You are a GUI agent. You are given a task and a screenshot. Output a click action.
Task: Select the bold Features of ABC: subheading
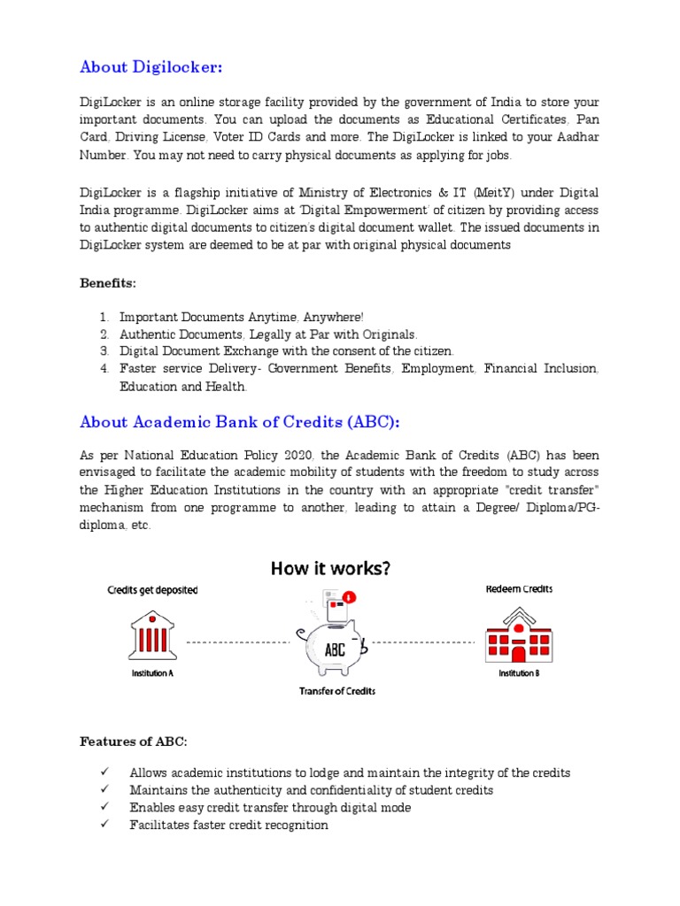tap(133, 741)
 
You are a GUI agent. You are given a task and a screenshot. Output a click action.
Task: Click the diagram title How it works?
tap(329, 569)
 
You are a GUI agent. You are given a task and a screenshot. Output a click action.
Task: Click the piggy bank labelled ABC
tap(334, 641)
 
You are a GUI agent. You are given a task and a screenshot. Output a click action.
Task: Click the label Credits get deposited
tap(152, 589)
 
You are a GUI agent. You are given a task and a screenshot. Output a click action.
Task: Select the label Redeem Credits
tap(520, 589)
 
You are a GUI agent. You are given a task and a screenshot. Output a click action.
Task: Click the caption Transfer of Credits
tap(336, 690)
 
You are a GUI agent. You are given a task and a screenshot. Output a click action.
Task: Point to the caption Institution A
tap(152, 672)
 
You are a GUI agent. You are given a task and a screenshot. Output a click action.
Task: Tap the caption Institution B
tap(517, 672)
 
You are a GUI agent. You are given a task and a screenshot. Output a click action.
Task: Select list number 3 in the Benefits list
tap(104, 351)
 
